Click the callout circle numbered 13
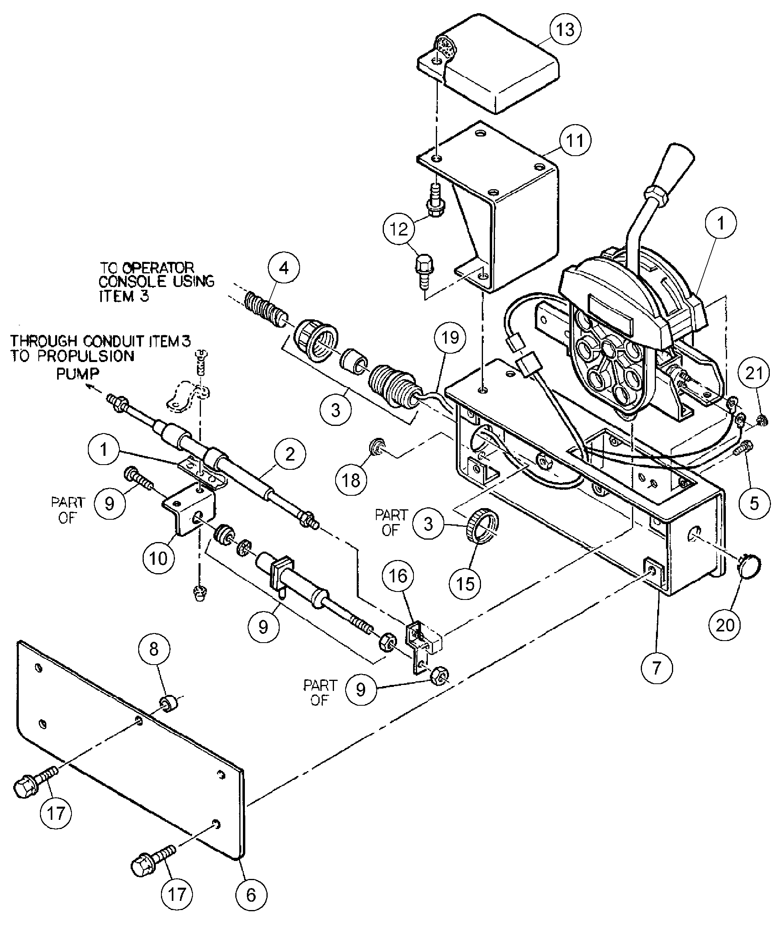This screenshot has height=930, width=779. (565, 29)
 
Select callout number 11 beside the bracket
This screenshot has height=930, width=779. (574, 140)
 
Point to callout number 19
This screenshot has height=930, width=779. (450, 338)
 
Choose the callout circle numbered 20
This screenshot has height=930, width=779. (725, 625)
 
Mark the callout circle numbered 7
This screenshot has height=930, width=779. (657, 667)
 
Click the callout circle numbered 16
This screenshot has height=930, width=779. (397, 576)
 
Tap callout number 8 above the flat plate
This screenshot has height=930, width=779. (154, 650)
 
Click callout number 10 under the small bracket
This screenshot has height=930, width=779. (158, 558)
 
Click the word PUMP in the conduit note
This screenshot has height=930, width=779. (78, 373)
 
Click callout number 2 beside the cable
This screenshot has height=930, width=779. (290, 454)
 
